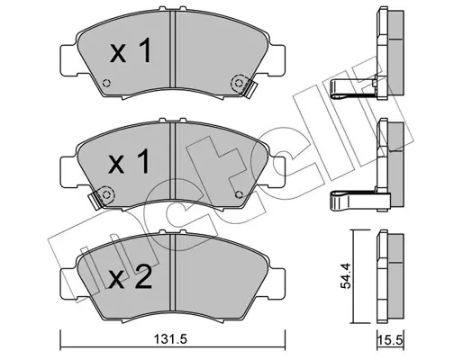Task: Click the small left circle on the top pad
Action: [107, 85]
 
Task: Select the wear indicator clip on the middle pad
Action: [101, 195]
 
